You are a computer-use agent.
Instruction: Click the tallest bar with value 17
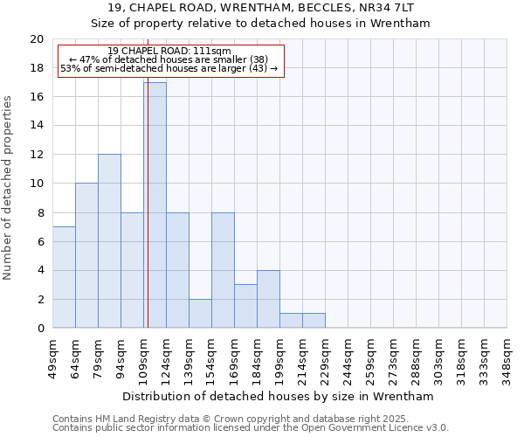(x=155, y=205)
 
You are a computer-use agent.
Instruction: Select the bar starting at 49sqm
(x=64, y=277)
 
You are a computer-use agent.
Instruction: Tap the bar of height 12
(x=109, y=241)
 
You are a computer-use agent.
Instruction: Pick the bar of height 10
(x=86, y=255)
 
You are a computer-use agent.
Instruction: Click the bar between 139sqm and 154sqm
(x=200, y=313)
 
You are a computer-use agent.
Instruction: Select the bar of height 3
(x=245, y=306)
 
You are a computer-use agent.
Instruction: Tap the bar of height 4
(x=268, y=299)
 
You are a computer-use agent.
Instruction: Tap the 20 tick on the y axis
(x=36, y=39)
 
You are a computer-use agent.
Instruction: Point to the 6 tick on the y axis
(x=39, y=241)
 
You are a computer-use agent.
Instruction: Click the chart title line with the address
(x=262, y=8)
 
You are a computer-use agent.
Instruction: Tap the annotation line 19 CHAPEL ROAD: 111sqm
(x=169, y=52)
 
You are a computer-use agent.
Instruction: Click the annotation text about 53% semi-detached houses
(x=169, y=68)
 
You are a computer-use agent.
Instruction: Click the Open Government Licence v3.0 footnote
(x=251, y=428)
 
